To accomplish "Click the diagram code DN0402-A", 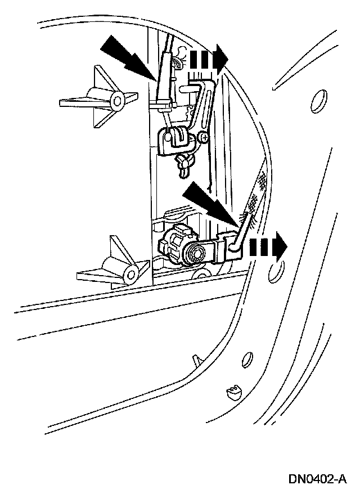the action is pos(317,479).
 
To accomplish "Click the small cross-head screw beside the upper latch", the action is pos(205,137).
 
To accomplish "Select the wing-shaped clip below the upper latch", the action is pos(184,162).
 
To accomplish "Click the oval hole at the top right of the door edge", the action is pos(318,103).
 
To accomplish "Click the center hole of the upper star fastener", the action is pos(118,101).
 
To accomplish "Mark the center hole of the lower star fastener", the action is pos(132,274).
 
